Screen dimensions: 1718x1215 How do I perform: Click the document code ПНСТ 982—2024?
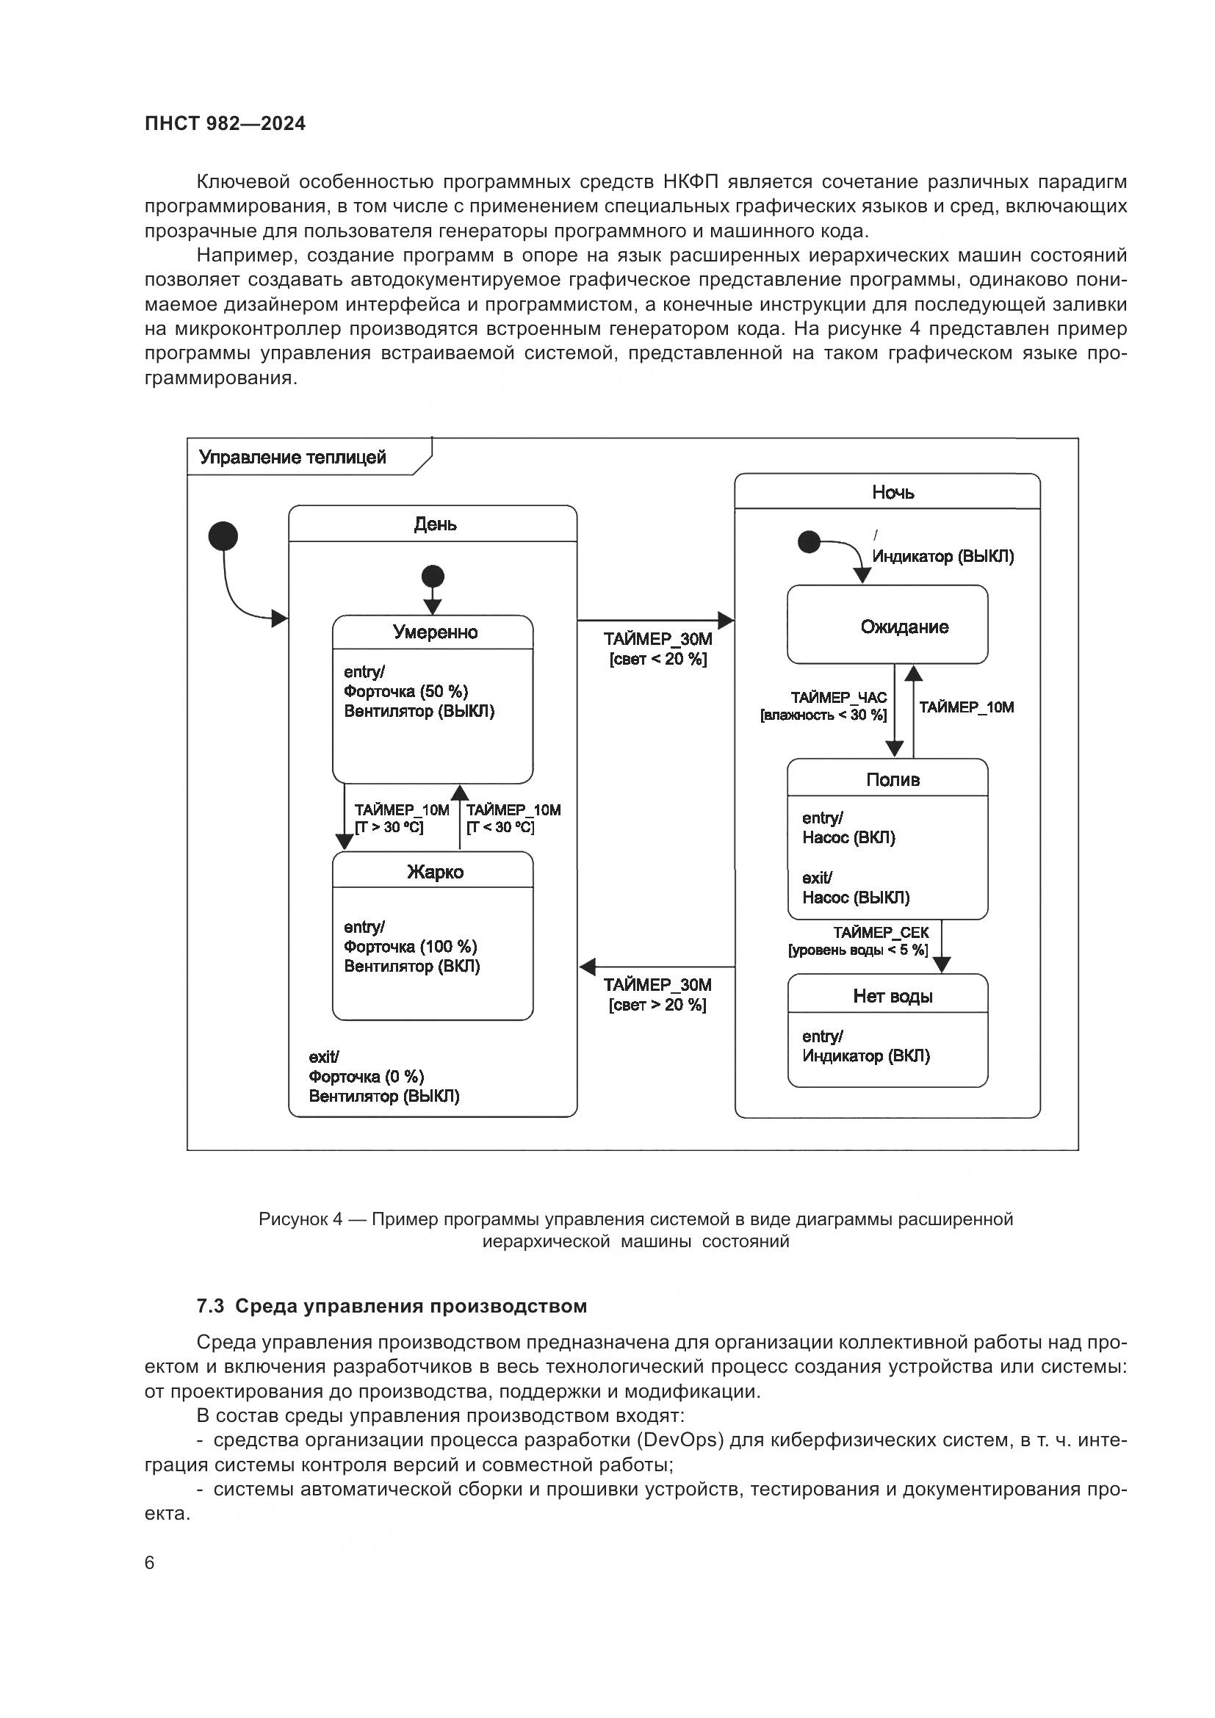point(226,124)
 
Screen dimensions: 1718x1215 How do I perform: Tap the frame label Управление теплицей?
point(292,457)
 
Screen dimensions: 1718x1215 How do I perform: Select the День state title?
point(435,524)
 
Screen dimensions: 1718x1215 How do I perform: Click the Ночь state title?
point(893,492)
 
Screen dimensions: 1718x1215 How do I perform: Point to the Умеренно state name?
point(435,632)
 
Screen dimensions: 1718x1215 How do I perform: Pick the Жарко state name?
point(435,872)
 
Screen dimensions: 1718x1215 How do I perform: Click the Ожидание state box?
point(887,625)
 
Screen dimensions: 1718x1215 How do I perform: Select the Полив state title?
point(893,780)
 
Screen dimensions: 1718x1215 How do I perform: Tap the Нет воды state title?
point(893,996)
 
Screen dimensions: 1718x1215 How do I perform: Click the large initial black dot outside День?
point(223,536)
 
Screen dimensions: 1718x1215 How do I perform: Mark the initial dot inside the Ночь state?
point(809,541)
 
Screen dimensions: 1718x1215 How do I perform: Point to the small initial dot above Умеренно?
point(433,577)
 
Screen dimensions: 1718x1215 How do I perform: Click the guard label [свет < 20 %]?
point(657,659)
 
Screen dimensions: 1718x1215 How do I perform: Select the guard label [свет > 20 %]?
point(657,1005)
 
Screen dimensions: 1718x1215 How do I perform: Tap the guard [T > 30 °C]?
point(389,827)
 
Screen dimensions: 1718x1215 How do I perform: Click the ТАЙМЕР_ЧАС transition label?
point(839,697)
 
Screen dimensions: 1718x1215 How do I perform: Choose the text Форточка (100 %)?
point(410,947)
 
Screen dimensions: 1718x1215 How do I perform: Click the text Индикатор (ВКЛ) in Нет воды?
point(865,1055)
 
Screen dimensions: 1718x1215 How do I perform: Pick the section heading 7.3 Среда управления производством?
point(392,1307)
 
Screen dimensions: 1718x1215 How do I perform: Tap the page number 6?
point(150,1563)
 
